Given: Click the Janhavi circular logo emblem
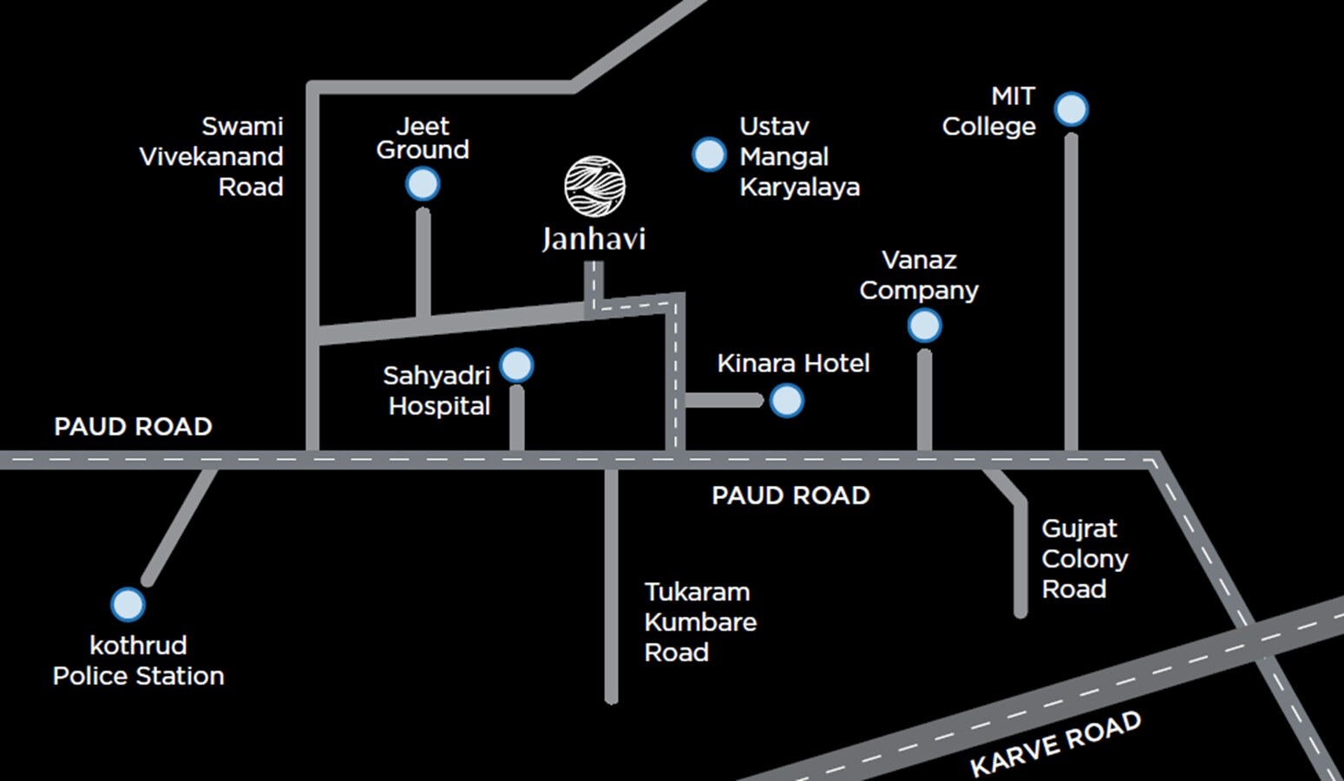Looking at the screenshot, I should click(594, 186).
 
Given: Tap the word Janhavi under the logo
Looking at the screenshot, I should click(594, 239).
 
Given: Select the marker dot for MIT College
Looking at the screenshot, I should click(1072, 110).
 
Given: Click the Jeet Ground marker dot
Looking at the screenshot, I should click(423, 185).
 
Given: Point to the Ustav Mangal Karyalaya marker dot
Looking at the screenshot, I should click(709, 155).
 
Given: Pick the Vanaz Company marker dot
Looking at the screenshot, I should click(924, 326).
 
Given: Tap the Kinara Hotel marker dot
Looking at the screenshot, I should click(787, 401).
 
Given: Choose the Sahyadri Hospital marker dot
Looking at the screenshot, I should click(517, 366).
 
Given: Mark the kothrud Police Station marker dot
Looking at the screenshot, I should click(128, 605).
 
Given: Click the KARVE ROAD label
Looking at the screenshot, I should click(1055, 744).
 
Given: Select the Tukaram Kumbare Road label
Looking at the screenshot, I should click(700, 622).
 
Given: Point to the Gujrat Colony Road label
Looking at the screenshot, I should click(1085, 559).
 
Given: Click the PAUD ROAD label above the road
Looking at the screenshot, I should click(133, 427).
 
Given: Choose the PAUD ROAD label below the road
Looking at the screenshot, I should click(790, 496).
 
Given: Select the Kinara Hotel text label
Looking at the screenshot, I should click(793, 364).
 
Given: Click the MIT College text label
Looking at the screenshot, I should click(989, 111).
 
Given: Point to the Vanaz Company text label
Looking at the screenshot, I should click(919, 275).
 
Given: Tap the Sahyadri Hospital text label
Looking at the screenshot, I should click(437, 390).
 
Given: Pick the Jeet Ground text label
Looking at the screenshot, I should click(423, 138).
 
